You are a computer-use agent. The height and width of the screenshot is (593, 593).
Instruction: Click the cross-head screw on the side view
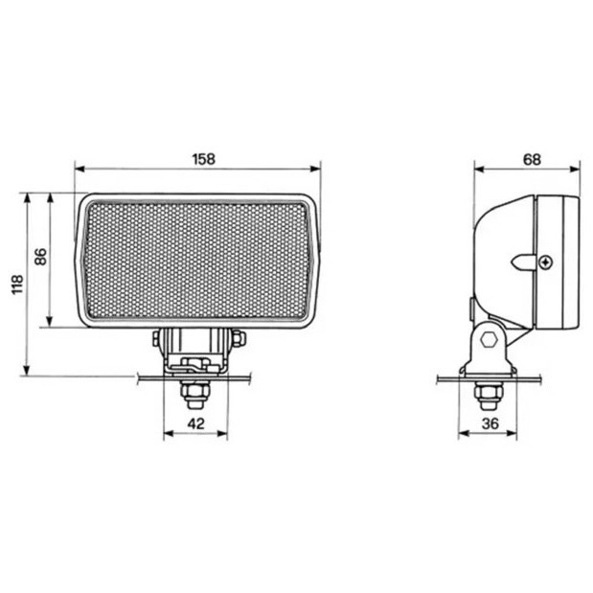click(545, 261)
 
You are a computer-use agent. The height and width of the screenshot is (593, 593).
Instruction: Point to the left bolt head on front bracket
click(156, 337)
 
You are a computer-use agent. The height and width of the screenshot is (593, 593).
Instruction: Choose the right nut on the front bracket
click(237, 337)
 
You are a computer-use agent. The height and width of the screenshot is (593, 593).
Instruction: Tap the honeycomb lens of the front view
click(195, 259)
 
